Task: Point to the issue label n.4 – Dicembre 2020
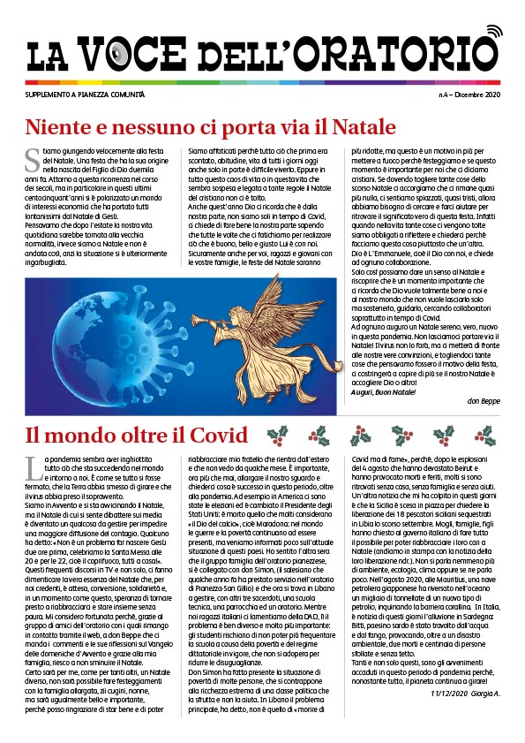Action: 470,93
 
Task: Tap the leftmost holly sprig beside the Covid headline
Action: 277,436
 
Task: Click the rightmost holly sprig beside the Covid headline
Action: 483,436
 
